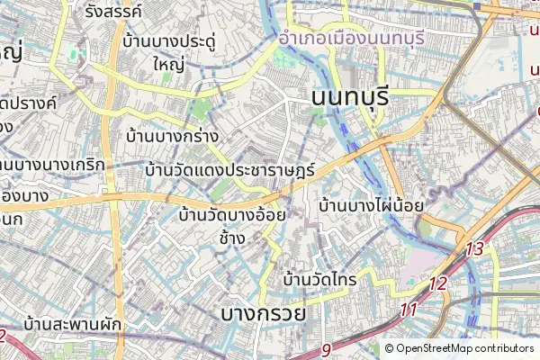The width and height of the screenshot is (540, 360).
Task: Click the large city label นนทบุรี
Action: coord(350,96)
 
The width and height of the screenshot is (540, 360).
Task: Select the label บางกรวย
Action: coord(263,313)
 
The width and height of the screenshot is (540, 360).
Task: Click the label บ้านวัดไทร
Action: coord(319,280)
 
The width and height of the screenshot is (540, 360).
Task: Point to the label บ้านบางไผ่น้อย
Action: coord(372,206)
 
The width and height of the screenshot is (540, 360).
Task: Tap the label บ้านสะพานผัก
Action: coord(74,322)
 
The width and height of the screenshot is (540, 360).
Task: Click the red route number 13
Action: coord(475,248)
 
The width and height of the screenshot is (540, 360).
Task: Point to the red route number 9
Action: coord(326,348)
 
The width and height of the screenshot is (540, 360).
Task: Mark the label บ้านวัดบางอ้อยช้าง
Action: coord(232,227)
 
